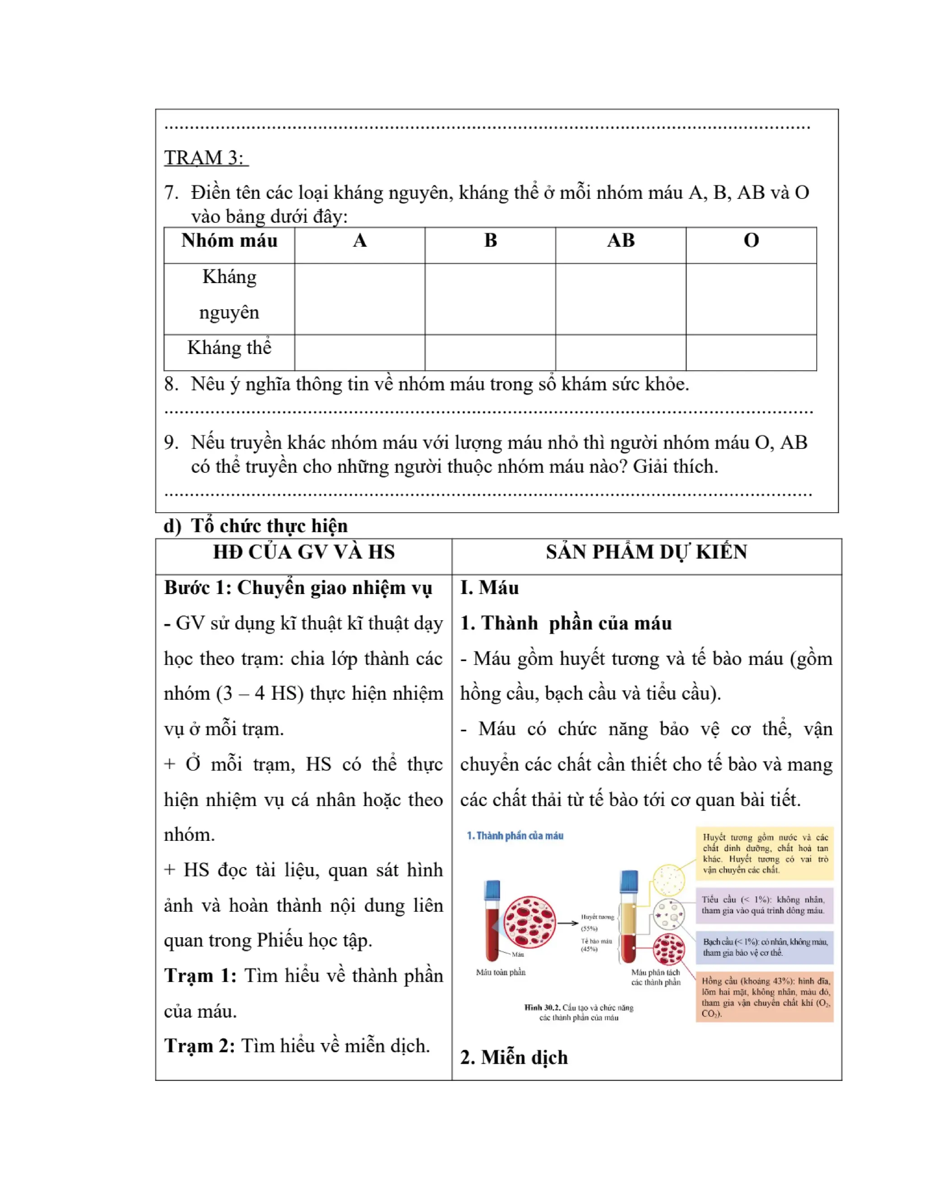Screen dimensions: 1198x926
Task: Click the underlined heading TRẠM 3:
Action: (206, 158)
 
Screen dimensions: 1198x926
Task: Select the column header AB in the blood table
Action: (620, 241)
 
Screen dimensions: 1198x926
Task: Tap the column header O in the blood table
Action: (751, 241)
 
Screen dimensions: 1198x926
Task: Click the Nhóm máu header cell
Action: (229, 241)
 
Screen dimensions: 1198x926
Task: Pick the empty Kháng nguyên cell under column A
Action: (359, 299)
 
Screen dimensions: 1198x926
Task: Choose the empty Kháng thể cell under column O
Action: (751, 353)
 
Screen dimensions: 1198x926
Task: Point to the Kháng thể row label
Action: (229, 348)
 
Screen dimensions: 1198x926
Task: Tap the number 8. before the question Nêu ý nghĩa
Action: (171, 384)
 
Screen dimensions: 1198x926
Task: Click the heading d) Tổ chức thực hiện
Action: (255, 525)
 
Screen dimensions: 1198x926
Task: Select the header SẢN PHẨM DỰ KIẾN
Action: (646, 552)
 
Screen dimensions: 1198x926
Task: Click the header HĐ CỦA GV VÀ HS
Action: (303, 552)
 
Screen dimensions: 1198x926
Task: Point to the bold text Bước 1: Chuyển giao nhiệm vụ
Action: (298, 588)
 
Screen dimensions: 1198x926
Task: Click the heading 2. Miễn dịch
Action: (514, 1057)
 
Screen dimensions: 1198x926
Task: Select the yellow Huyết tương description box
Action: (764, 854)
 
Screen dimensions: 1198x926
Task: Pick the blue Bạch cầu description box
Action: (764, 947)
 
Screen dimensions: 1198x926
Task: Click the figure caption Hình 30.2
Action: (578, 1013)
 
